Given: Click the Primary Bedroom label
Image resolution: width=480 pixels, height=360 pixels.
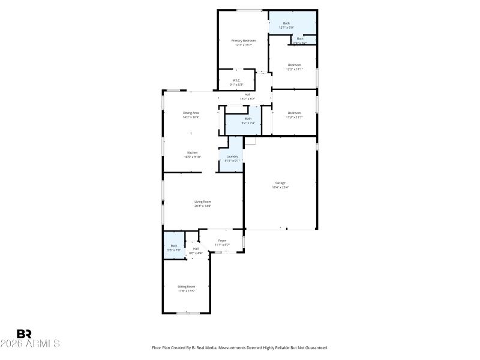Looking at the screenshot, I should (x=239, y=40).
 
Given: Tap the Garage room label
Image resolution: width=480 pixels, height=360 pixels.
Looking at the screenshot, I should (x=280, y=182).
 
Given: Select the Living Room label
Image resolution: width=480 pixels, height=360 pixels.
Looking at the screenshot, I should (x=202, y=202).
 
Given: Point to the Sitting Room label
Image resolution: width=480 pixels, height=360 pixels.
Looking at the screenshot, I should (x=186, y=287).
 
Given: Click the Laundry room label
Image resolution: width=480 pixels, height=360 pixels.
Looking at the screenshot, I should (x=232, y=157).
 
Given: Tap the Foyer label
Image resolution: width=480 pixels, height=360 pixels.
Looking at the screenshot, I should (x=222, y=241).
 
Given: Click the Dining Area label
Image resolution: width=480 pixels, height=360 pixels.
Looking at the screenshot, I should (x=191, y=113).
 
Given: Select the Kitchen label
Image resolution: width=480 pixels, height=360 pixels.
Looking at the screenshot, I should (x=192, y=152).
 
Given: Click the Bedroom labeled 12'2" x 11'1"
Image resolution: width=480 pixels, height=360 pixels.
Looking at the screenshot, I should (x=293, y=65).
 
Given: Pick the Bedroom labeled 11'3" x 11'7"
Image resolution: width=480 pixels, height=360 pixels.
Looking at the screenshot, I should (x=293, y=113).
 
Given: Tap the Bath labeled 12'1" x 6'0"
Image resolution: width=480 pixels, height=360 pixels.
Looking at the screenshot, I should (x=286, y=23).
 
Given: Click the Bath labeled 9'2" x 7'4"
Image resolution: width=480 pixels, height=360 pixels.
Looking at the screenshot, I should (x=248, y=119).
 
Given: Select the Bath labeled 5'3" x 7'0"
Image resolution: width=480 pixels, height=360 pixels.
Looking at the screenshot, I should (x=174, y=245).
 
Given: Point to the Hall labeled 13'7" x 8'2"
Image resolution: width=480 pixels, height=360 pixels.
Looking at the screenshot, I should (x=247, y=94).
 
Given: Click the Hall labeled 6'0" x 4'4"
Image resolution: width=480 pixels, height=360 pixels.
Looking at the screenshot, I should (x=196, y=248).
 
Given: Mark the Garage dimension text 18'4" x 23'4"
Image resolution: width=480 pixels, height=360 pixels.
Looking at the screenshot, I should (x=280, y=187).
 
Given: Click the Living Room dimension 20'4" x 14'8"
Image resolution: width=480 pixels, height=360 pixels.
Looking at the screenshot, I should (x=202, y=206).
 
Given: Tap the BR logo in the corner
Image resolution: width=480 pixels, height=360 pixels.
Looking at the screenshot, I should (x=24, y=334).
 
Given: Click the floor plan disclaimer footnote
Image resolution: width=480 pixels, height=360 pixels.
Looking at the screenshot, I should (x=240, y=347).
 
